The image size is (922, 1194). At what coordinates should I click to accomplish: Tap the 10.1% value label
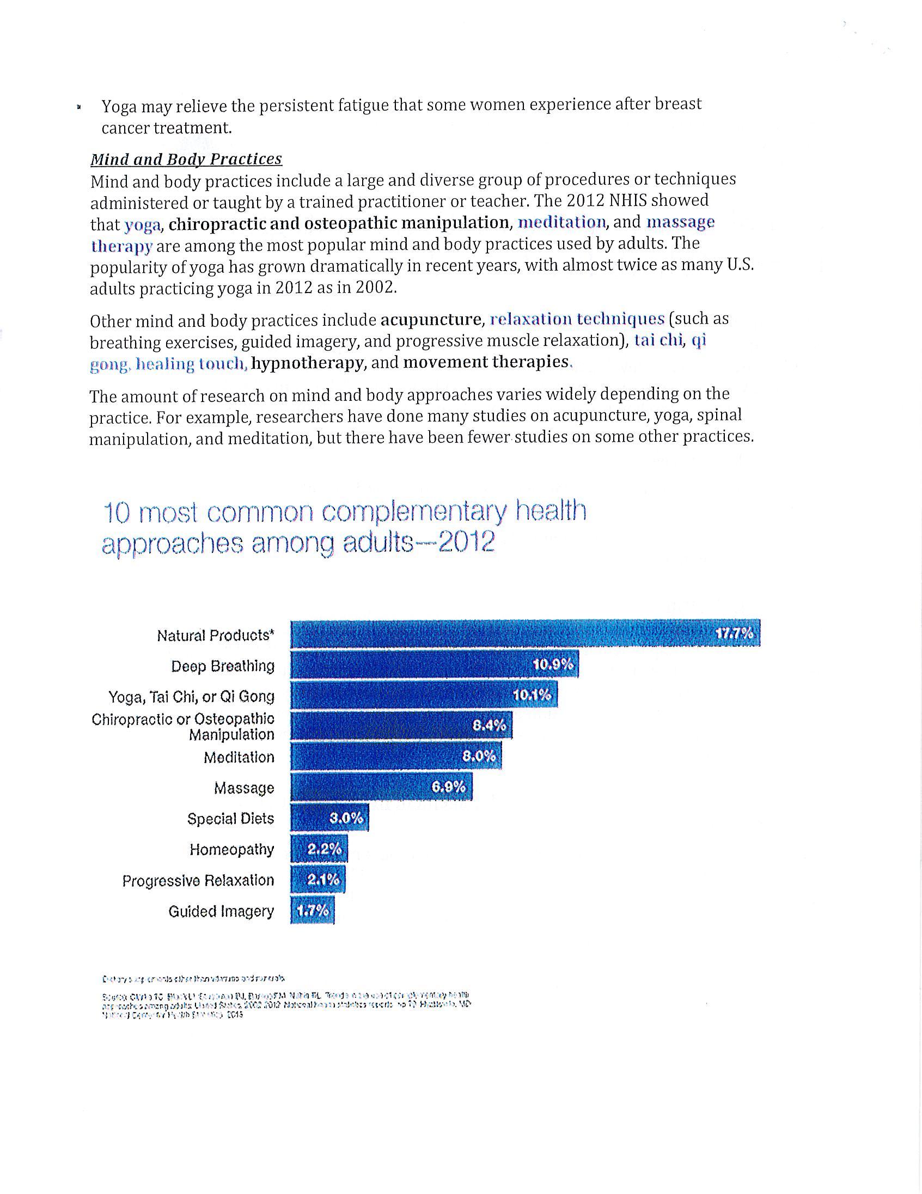click(x=532, y=696)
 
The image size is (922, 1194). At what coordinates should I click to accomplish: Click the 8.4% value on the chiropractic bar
click(x=489, y=726)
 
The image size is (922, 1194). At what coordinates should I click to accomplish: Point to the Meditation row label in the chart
click(x=239, y=757)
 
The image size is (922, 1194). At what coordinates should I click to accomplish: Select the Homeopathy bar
click(x=319, y=849)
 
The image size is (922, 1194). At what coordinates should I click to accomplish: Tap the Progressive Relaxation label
click(x=198, y=880)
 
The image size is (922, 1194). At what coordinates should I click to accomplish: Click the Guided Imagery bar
click(x=312, y=911)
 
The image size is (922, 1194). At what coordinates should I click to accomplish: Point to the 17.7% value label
click(x=734, y=633)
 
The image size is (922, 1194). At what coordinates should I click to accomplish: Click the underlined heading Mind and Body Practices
click(x=186, y=159)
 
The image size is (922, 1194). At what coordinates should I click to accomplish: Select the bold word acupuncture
click(x=431, y=319)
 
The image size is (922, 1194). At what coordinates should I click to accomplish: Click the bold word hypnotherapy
click(x=307, y=362)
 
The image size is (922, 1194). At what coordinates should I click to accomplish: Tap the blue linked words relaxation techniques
click(x=577, y=319)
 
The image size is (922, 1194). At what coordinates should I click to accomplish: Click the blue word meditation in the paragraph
click(x=562, y=222)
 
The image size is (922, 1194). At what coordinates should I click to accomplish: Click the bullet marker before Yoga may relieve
click(x=80, y=107)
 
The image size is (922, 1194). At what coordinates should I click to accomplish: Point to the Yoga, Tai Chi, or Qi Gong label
click(x=191, y=697)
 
